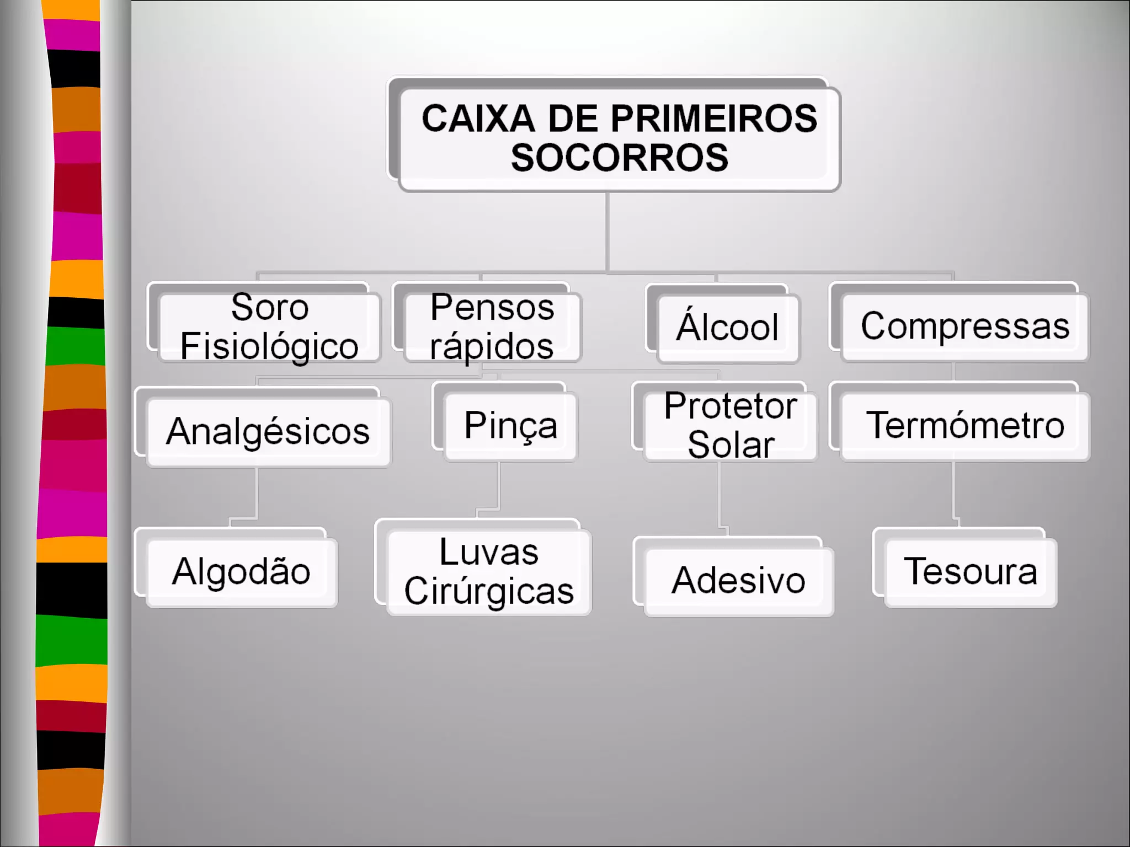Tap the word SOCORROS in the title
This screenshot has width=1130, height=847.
[x=619, y=158]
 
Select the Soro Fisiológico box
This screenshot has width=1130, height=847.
[x=269, y=327]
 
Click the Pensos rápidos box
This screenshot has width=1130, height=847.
[x=492, y=327]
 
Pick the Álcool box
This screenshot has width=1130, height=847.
[x=728, y=328]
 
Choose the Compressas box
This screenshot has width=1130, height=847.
[x=964, y=326]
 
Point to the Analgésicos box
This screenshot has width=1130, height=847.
[x=268, y=431]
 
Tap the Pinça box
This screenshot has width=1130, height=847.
[x=510, y=426]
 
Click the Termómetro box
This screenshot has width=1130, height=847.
[x=965, y=426]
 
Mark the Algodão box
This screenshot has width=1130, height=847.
[x=242, y=572]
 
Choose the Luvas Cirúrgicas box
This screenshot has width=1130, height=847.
[x=489, y=572]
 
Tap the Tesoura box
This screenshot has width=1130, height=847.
[x=970, y=572]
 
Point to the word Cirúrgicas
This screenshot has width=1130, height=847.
[x=489, y=592]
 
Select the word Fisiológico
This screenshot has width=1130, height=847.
[x=269, y=347]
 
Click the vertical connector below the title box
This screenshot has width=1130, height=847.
[x=607, y=232]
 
